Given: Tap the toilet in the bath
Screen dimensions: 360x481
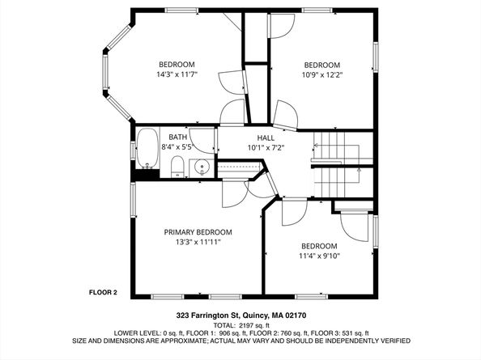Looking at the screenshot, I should pyautogui.click(x=177, y=167).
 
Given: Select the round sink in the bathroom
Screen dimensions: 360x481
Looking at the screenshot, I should pyautogui.click(x=203, y=168).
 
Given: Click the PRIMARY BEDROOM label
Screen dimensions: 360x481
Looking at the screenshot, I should pyautogui.click(x=198, y=232).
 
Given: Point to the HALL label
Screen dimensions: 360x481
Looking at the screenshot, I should pyautogui.click(x=266, y=138).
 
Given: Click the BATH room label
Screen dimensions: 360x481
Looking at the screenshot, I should pyautogui.click(x=177, y=138).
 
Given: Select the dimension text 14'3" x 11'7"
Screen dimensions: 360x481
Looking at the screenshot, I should pyautogui.click(x=176, y=74).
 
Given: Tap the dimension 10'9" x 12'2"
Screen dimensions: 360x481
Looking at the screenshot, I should pyautogui.click(x=321, y=75).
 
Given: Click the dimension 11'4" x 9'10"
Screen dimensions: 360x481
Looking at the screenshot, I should pyautogui.click(x=321, y=256).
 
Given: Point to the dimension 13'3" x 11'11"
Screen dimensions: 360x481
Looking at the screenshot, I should pyautogui.click(x=198, y=242).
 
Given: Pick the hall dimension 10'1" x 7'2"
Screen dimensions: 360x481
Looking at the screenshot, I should pyautogui.click(x=266, y=148).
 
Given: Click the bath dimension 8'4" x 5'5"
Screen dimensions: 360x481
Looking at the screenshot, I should pyautogui.click(x=177, y=147).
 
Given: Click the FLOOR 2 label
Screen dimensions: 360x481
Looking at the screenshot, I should pyautogui.click(x=104, y=292).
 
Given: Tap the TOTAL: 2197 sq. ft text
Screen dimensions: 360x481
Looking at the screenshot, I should pyautogui.click(x=240, y=324).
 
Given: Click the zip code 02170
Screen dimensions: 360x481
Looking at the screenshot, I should pyautogui.click(x=293, y=316).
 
